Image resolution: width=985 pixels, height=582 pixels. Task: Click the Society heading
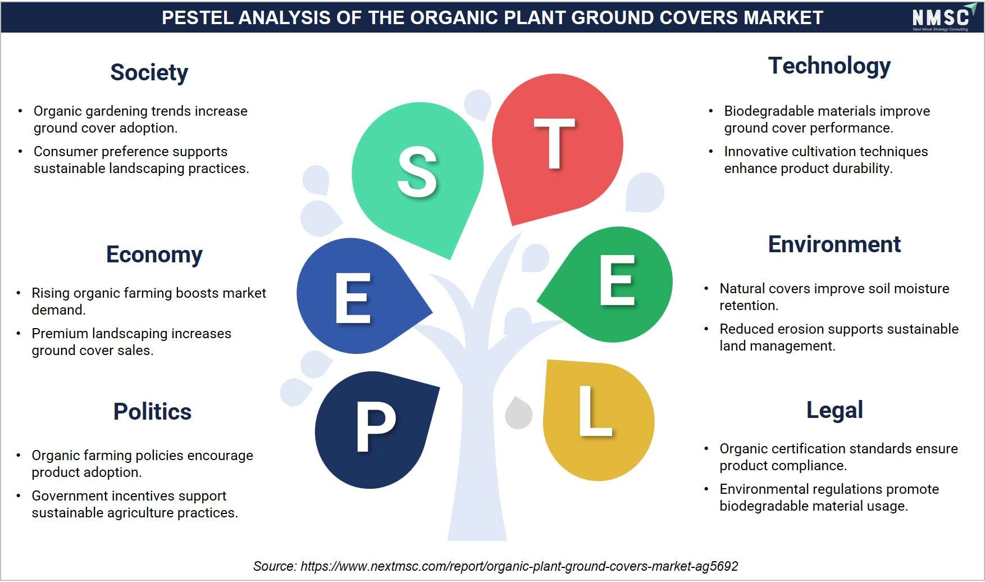[x=149, y=73]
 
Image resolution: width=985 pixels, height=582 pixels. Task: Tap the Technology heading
[x=829, y=66]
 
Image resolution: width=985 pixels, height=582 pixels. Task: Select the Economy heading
[x=154, y=254]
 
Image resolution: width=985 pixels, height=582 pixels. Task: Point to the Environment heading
[x=834, y=244]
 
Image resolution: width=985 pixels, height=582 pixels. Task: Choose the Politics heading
[x=152, y=412]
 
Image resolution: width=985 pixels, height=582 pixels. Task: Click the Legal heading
[x=834, y=411]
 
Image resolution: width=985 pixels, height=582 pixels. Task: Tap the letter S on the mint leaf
[x=417, y=172]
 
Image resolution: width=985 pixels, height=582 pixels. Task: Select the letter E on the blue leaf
[x=353, y=298]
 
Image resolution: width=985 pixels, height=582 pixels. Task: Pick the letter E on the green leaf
[x=617, y=280]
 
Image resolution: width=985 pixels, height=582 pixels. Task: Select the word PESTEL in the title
[x=197, y=18]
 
